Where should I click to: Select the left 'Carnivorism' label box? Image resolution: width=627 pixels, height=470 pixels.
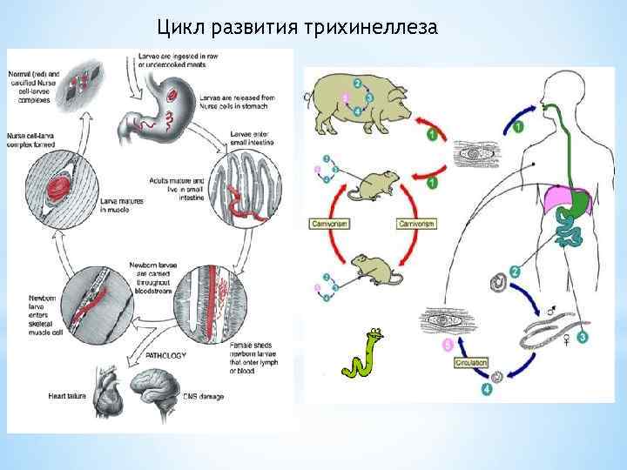point(328,224)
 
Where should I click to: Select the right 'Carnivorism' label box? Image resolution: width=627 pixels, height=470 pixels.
point(415,224)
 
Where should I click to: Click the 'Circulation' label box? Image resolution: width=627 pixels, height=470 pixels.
point(470,362)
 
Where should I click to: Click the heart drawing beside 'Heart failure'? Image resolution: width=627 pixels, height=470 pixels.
point(93,387)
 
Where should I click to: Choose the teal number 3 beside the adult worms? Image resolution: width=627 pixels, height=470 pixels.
point(582,336)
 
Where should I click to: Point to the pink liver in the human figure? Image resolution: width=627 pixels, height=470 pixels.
point(560,202)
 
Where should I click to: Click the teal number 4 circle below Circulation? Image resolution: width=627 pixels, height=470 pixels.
point(486,390)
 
